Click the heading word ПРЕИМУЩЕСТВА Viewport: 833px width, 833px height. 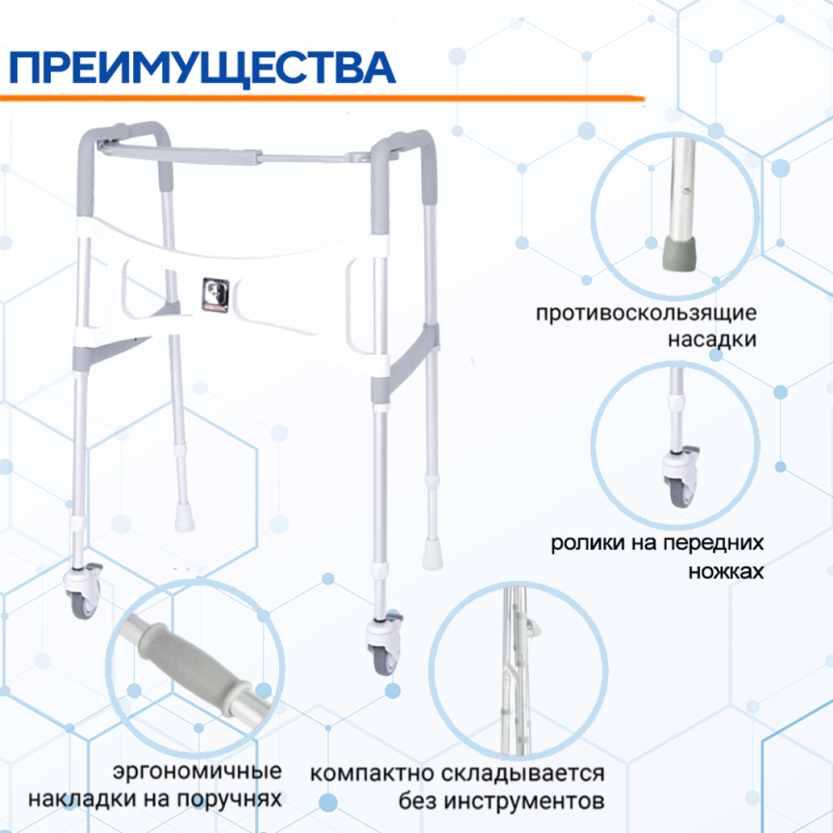203,68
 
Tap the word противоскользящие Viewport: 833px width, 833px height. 646,313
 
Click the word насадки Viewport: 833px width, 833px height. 712,339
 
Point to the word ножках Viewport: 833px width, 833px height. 726,572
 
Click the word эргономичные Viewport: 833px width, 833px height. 198,771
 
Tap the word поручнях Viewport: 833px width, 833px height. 228,799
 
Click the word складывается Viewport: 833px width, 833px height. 521,774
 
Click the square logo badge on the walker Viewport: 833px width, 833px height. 216,295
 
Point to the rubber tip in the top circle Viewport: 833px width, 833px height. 679,254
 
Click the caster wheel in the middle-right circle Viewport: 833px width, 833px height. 681,477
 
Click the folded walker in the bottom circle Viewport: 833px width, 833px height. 516,669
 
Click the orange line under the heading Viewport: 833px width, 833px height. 322,98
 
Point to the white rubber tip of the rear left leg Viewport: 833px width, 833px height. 184,518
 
